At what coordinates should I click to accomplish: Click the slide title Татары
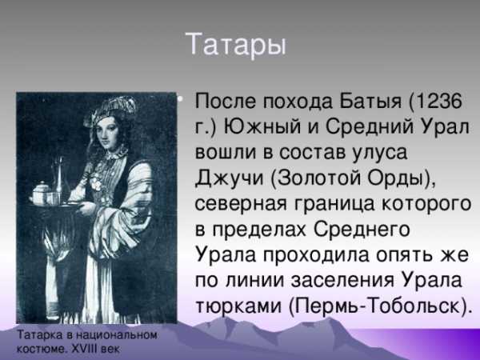236,45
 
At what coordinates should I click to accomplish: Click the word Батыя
366,102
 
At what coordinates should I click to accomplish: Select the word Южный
262,126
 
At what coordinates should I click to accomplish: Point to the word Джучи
230,178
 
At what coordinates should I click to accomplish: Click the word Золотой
319,178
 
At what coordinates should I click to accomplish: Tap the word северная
241,204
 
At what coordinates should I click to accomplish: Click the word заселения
342,281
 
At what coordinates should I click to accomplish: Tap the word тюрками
238,306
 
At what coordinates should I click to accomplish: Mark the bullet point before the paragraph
180,99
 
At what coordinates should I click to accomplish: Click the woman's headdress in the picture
112,110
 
